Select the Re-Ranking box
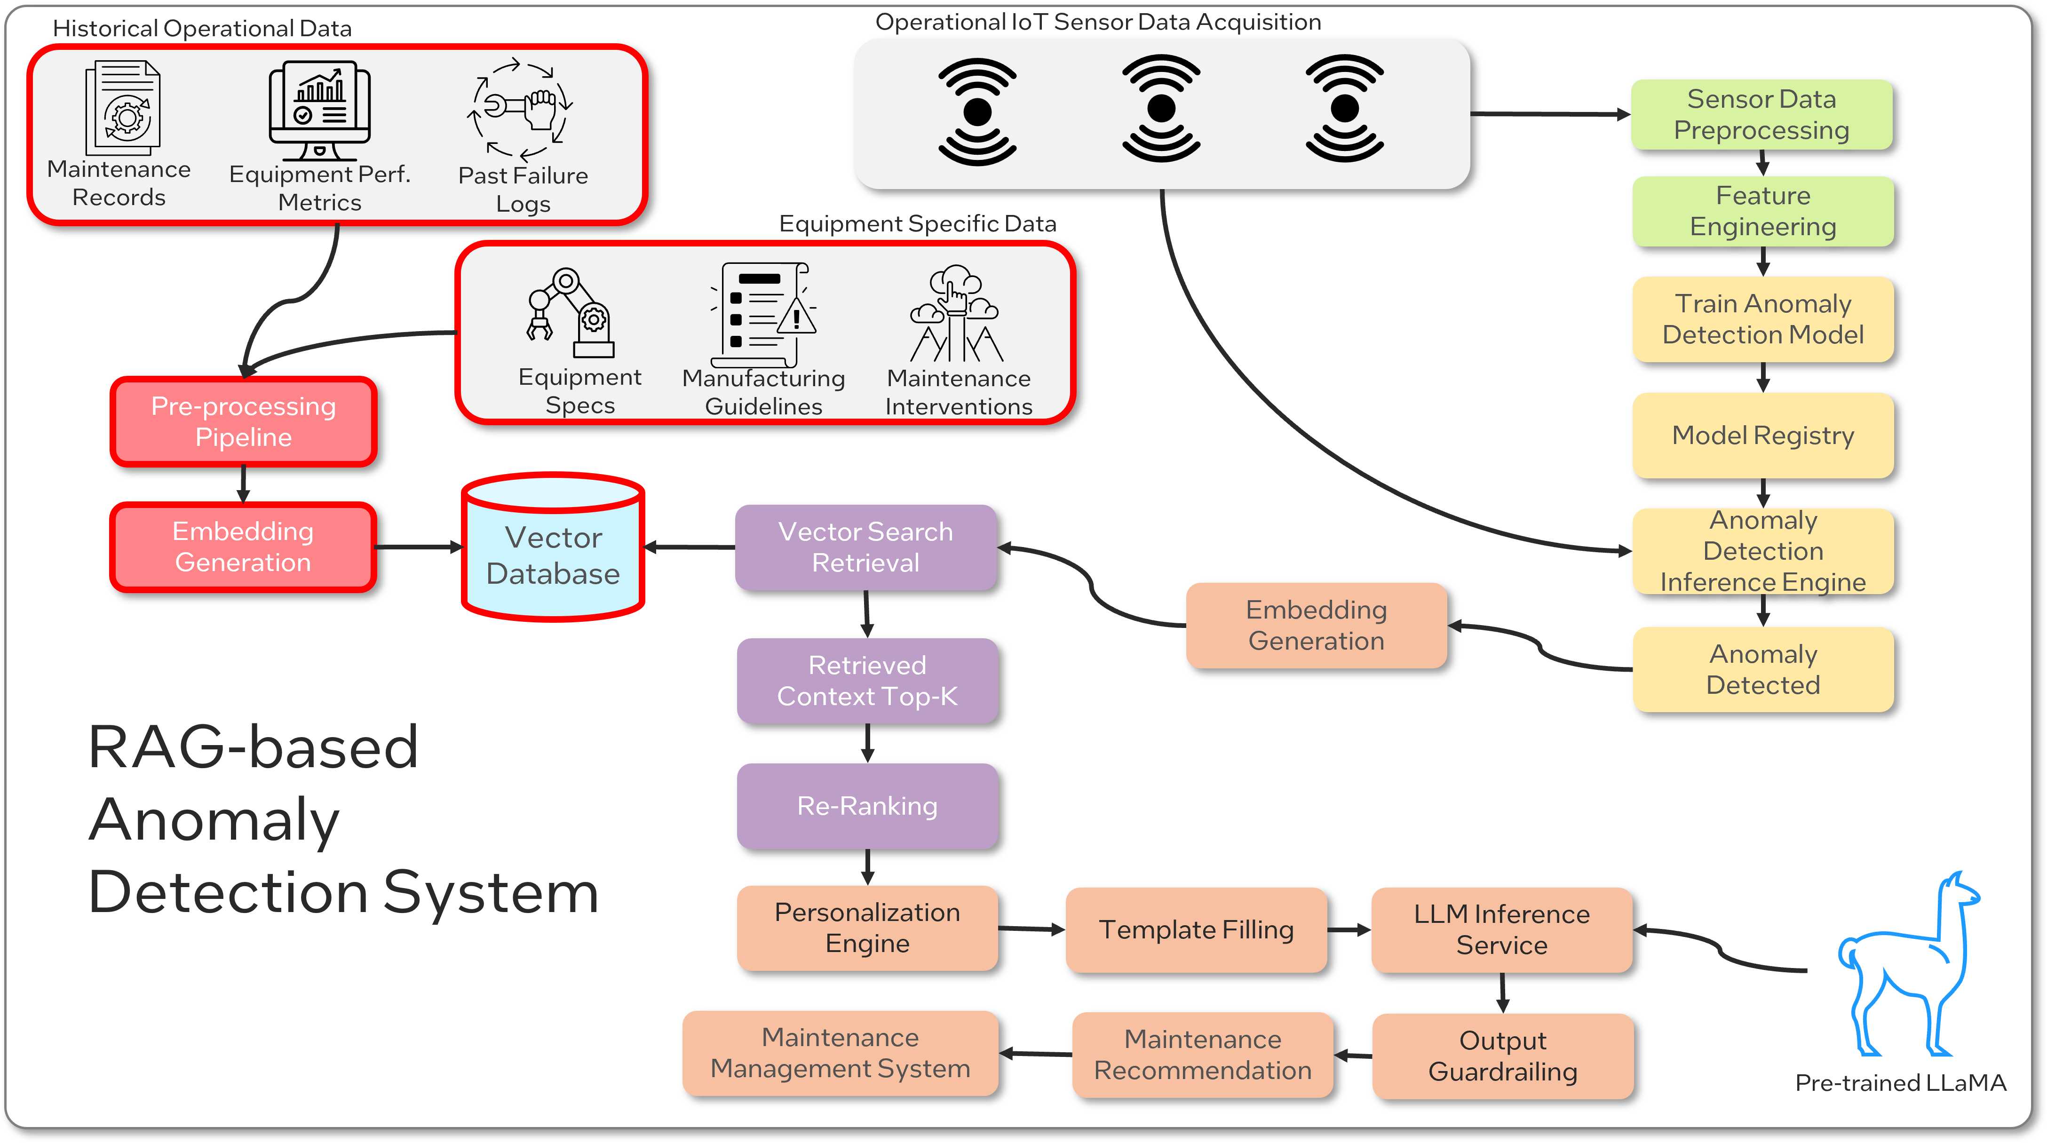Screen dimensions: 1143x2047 click(867, 806)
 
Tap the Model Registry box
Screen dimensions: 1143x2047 click(1762, 436)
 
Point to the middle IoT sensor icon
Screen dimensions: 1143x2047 click(1161, 109)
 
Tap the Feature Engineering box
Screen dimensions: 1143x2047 click(1762, 211)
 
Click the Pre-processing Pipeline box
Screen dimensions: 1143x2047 click(243, 422)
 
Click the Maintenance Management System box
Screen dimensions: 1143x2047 click(840, 1053)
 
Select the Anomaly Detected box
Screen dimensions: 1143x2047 click(1762, 669)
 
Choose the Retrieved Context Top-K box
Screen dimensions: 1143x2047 click(867, 681)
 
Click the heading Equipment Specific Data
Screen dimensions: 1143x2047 click(917, 224)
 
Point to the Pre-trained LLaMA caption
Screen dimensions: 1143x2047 click(1900, 1083)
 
